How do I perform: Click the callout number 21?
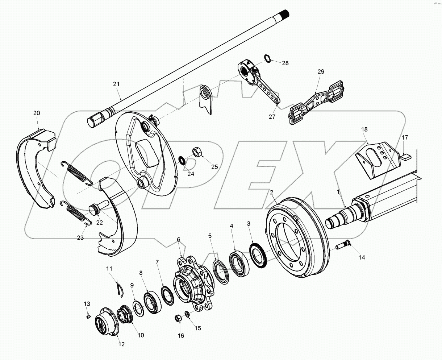click(116, 84)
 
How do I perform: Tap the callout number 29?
click(321, 72)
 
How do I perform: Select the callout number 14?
click(362, 257)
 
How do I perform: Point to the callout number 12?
click(122, 344)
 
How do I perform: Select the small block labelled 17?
click(405, 157)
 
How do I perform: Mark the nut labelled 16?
click(178, 318)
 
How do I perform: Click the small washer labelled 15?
click(187, 314)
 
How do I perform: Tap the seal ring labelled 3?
click(258, 256)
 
